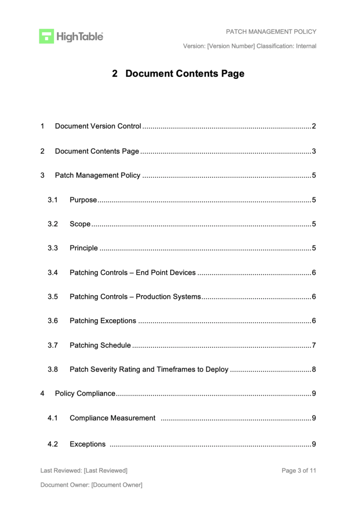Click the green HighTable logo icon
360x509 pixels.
(x=46, y=36)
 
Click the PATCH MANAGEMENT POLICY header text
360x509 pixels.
(x=271, y=32)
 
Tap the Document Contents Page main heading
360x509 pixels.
(x=178, y=74)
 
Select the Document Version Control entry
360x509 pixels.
(x=97, y=126)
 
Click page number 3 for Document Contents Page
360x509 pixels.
(x=314, y=151)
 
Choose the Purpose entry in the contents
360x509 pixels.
(x=83, y=200)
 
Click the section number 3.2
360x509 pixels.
(x=52, y=224)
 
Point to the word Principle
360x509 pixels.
(x=83, y=248)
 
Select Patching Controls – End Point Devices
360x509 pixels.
(x=132, y=272)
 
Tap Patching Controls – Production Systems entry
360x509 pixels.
(x=135, y=297)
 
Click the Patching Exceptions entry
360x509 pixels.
(x=103, y=321)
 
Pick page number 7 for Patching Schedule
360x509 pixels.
(x=314, y=345)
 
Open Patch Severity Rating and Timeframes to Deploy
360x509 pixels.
(x=149, y=369)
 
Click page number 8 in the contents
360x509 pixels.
(x=314, y=369)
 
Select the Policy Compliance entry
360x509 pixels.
(x=85, y=393)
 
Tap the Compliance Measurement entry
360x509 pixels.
(x=112, y=418)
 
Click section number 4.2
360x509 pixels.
(x=52, y=444)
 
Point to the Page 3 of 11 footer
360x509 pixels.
(x=299, y=471)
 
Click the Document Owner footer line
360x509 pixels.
(x=91, y=485)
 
